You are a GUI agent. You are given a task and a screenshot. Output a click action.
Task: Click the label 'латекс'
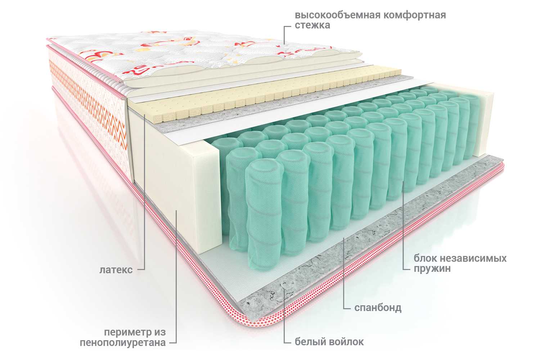click(116, 270)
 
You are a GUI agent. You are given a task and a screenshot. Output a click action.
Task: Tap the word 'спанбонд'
click(378, 308)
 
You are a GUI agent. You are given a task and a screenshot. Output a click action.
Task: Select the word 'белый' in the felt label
click(309, 342)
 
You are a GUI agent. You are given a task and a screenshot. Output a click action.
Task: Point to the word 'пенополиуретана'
click(123, 343)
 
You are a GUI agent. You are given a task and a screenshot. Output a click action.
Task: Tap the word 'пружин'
click(432, 268)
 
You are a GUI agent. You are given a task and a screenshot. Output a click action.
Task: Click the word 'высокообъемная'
click(338, 15)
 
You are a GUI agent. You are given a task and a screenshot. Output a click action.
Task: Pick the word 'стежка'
click(312, 25)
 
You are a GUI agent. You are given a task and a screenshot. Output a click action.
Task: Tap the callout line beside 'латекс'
click(145, 192)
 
